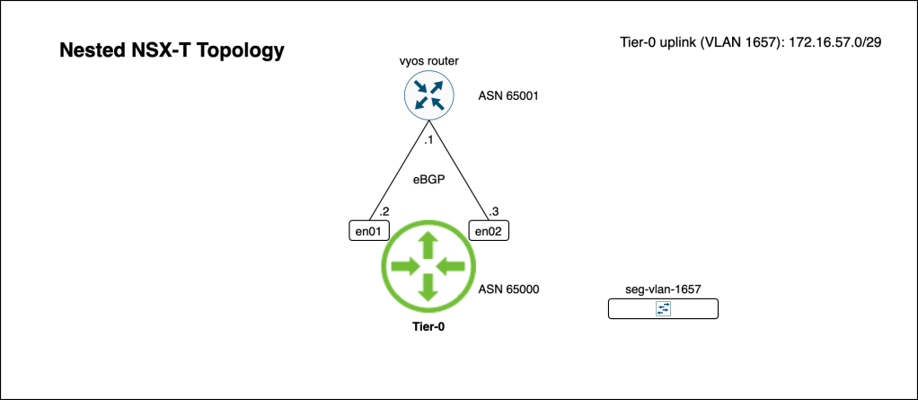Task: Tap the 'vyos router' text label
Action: (429, 61)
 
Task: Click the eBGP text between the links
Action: (428, 179)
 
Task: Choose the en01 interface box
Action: (365, 231)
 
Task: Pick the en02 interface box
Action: (489, 231)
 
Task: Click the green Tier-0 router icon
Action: (428, 265)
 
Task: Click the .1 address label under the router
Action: (428, 141)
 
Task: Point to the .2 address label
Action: (384, 212)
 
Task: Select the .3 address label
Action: (493, 212)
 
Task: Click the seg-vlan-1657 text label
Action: (663, 289)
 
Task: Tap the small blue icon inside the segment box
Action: (664, 308)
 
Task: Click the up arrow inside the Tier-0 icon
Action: (428, 244)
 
